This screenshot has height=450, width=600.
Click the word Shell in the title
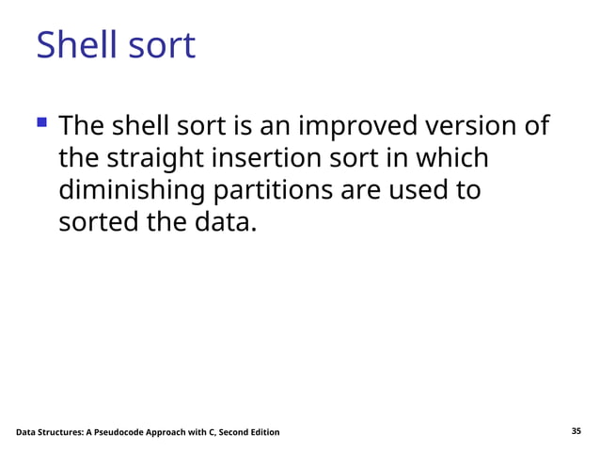coord(73,45)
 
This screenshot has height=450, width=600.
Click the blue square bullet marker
coord(41,122)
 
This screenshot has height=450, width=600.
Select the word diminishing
coord(133,190)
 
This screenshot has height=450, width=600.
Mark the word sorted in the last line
coord(98,223)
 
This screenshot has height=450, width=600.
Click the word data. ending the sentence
coord(223,223)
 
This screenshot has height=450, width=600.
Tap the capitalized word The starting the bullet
coord(82,126)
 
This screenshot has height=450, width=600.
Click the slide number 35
coord(576,431)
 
